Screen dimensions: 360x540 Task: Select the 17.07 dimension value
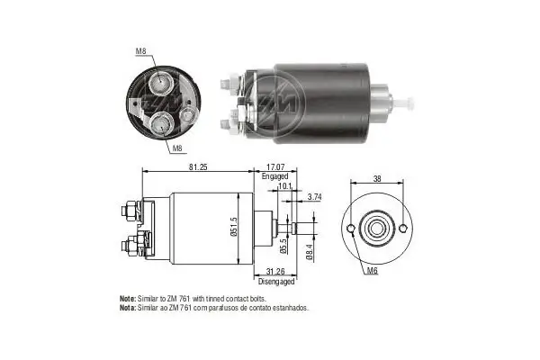coord(276,166)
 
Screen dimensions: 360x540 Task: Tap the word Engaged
coord(274,176)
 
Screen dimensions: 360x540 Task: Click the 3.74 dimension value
coord(314,196)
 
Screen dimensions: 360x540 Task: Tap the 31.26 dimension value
coord(277,272)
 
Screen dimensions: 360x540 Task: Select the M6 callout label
coord(373,270)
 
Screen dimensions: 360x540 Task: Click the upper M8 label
coord(140,51)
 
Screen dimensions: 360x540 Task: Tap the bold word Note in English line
coord(128,298)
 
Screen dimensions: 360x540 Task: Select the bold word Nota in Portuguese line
coord(128,307)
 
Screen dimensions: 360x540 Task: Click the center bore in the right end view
coord(375,229)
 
